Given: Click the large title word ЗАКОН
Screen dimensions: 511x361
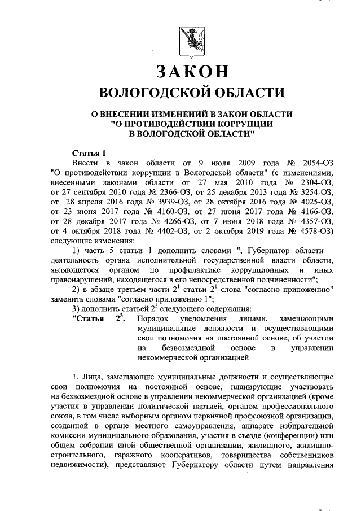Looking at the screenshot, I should [191, 72].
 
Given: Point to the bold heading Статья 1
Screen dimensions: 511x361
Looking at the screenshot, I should [90, 152].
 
